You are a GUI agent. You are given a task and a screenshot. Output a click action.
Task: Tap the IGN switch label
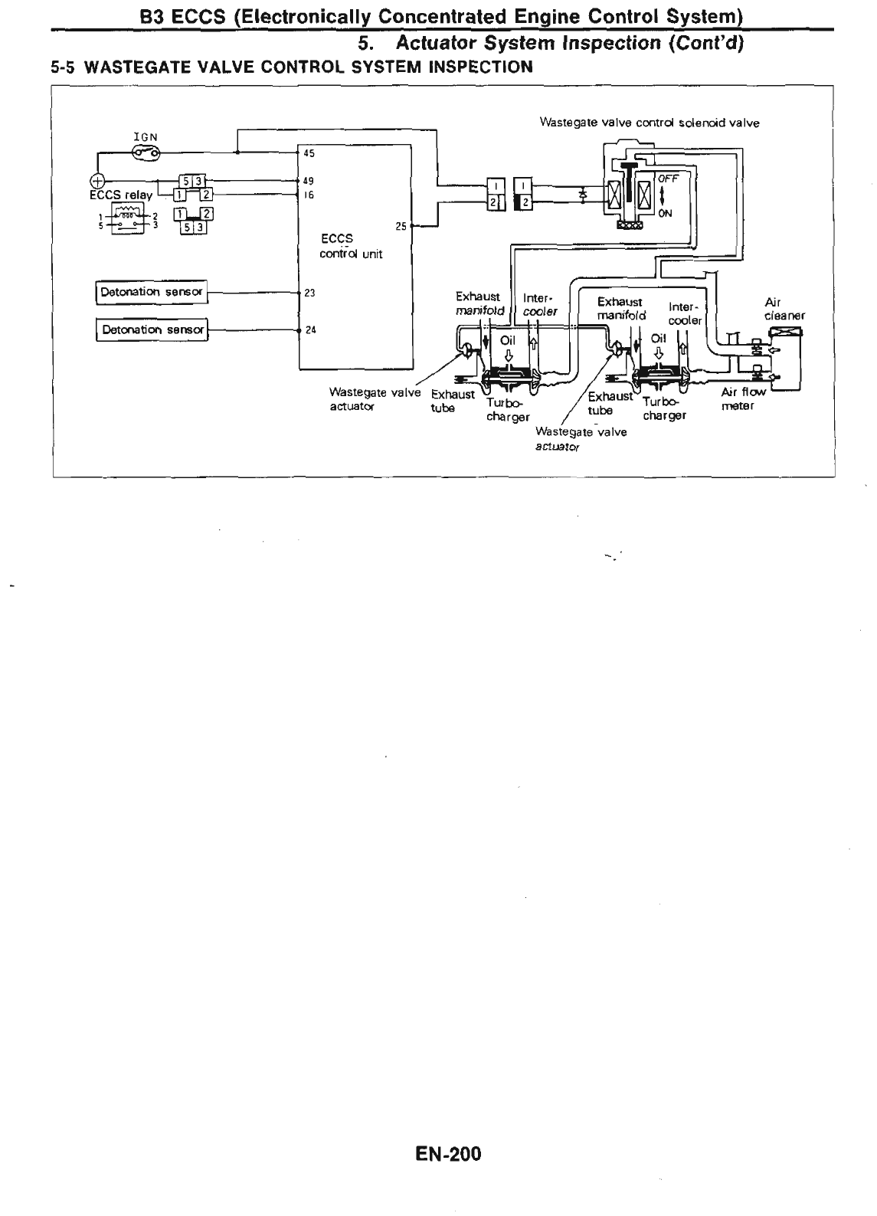pyautogui.click(x=145, y=138)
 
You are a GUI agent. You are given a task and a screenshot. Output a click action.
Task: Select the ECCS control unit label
pyautogui.click(x=351, y=246)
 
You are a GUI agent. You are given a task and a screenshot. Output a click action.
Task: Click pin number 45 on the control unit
pyautogui.click(x=309, y=153)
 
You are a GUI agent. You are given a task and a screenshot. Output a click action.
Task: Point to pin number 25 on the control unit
pyautogui.click(x=400, y=226)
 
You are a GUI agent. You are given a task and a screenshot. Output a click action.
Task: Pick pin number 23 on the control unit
pyautogui.click(x=310, y=293)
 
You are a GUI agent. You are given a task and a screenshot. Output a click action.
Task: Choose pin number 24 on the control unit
pyautogui.click(x=310, y=330)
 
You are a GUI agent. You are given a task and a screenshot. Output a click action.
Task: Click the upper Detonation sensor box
pyautogui.click(x=152, y=292)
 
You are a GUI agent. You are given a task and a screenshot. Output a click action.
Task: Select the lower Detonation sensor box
pyautogui.click(x=152, y=329)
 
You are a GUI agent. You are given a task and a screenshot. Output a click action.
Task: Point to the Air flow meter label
pyautogui.click(x=742, y=398)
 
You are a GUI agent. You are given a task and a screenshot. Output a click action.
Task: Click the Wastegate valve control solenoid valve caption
pyautogui.click(x=650, y=123)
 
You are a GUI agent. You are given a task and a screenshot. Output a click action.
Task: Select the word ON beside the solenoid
pyautogui.click(x=665, y=214)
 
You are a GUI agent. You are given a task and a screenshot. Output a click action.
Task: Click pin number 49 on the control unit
pyautogui.click(x=309, y=182)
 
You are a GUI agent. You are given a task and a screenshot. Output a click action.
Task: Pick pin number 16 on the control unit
pyautogui.click(x=309, y=195)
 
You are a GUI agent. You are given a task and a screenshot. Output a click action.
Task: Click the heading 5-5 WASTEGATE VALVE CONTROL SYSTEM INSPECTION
pyautogui.click(x=291, y=67)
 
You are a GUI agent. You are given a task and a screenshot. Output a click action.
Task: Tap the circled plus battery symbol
pyautogui.click(x=97, y=182)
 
